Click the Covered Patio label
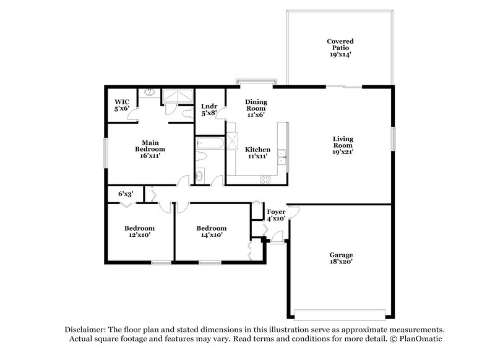(340, 48)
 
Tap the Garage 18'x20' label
(340, 259)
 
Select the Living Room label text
(343, 145)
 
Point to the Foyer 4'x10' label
(275, 215)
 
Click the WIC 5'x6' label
(121, 105)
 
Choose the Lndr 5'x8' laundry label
(209, 109)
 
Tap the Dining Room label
(256, 108)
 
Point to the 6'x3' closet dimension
(126, 194)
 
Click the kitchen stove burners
(267, 180)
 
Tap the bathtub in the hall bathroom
(209, 145)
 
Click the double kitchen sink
(282, 155)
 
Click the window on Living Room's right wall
(392, 139)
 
